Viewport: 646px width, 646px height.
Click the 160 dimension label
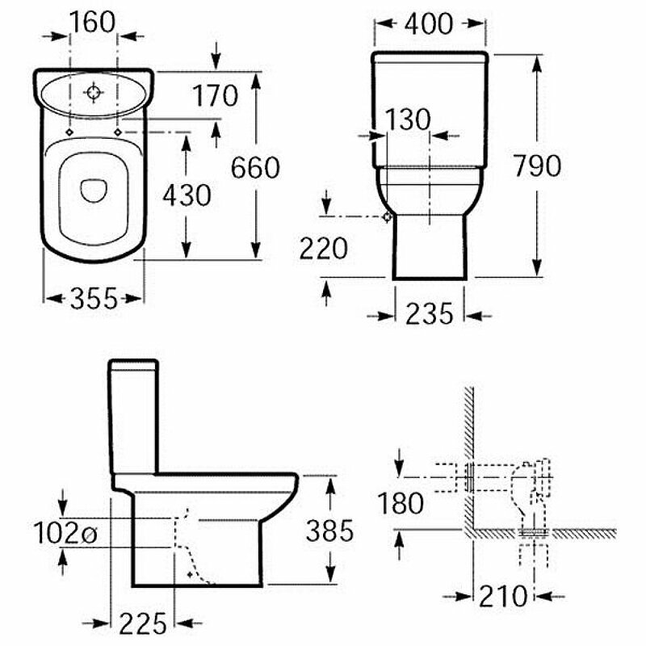(93, 22)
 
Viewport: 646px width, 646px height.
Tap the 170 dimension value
(216, 95)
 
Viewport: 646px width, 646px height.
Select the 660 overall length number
(255, 168)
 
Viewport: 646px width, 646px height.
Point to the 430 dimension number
(187, 195)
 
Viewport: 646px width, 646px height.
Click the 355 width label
(94, 298)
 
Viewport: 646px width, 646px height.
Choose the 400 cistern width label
(429, 24)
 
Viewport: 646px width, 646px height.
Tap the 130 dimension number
(408, 120)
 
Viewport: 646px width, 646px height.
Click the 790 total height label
(537, 166)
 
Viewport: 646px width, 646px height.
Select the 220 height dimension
(324, 249)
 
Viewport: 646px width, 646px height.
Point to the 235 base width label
(430, 313)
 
